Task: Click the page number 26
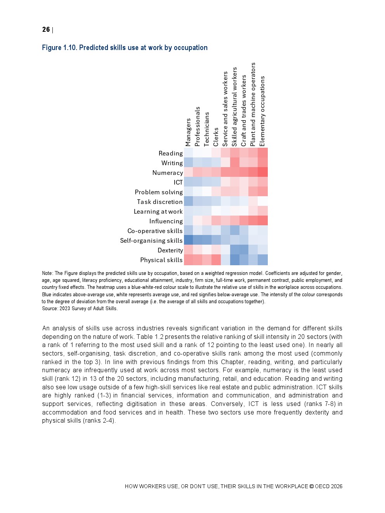click(x=46, y=30)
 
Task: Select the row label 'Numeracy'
click(x=167, y=173)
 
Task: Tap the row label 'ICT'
click(x=178, y=183)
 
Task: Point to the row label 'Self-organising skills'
click(x=151, y=241)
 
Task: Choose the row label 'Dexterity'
click(x=170, y=250)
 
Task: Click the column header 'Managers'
click(x=188, y=132)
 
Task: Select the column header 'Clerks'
click(x=216, y=137)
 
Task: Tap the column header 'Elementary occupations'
click(x=262, y=111)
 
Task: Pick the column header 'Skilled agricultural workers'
click(x=234, y=107)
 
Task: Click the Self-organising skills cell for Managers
click(x=188, y=240)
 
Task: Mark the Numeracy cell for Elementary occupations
click(x=263, y=173)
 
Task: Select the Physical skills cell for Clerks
click(x=216, y=260)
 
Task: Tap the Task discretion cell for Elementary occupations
click(x=263, y=202)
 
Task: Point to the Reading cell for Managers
click(x=188, y=153)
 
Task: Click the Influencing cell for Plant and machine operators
click(x=253, y=221)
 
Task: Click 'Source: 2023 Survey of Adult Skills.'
click(x=80, y=309)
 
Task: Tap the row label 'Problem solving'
click(x=158, y=192)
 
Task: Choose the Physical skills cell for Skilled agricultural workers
click(x=235, y=260)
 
